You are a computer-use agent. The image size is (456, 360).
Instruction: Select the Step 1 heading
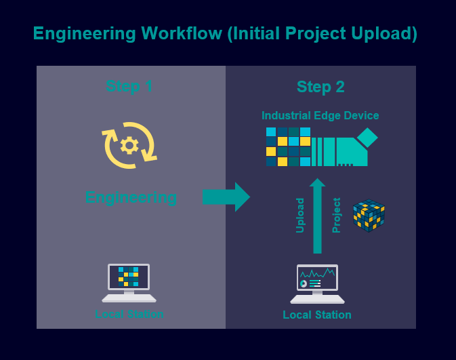click(129, 87)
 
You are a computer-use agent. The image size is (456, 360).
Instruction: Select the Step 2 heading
click(320, 87)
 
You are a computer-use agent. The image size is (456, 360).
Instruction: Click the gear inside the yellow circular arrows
click(129, 145)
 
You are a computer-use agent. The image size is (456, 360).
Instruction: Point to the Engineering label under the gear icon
click(131, 198)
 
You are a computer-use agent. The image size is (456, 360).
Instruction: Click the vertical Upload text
click(300, 216)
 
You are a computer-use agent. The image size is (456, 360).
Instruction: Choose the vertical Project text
click(336, 216)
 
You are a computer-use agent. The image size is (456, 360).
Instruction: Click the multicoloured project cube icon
click(369, 215)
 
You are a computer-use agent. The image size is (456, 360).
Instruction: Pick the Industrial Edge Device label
click(320, 116)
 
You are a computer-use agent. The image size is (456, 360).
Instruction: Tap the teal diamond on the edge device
click(367, 138)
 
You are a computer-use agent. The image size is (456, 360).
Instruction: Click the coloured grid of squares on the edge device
click(288, 146)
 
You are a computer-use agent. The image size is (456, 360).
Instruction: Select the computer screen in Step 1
click(129, 277)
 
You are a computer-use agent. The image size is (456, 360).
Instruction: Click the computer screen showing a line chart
click(317, 277)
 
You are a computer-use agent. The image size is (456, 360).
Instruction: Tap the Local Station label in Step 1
click(129, 315)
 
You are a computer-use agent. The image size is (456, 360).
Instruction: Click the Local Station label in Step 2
click(317, 315)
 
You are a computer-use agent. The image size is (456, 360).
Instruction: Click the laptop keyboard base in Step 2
click(317, 299)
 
